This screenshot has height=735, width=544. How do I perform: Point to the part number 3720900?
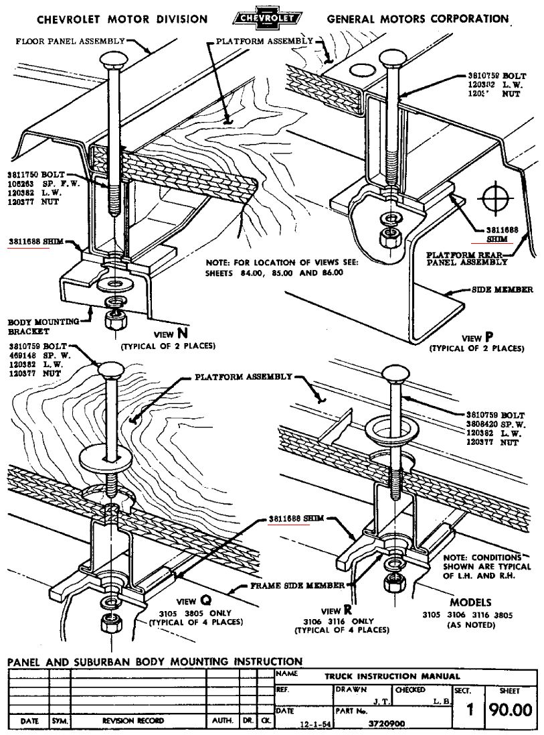coord(382,723)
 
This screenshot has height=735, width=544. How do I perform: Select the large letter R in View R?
coord(347,610)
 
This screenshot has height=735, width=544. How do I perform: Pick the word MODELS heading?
coord(470,602)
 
